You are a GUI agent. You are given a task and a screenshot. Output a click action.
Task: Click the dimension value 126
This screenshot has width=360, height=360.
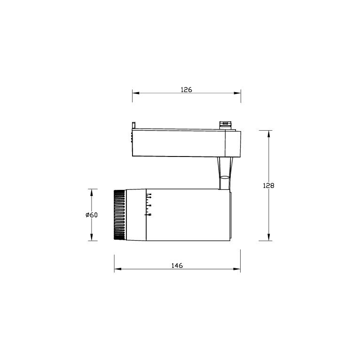point(187,89)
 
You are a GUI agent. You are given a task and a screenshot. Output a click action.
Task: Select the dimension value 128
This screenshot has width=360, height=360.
point(268,186)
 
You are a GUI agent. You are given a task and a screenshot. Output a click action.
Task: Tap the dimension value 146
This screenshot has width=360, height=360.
point(177,266)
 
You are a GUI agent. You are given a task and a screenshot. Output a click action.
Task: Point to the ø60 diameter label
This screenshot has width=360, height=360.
point(92,215)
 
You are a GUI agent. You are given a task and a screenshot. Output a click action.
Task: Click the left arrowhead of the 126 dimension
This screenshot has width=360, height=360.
point(135,93)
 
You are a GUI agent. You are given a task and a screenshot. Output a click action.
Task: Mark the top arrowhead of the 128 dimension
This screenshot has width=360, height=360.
point(268,133)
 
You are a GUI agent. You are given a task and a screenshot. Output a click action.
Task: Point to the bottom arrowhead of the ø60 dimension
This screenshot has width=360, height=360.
point(92,238)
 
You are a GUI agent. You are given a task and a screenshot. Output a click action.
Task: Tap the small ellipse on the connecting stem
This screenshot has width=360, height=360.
point(225,177)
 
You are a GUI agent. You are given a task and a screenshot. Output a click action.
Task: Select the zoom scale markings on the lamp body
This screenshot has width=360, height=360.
point(149,204)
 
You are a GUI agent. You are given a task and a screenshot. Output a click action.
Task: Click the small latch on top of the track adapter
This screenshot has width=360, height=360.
point(226,125)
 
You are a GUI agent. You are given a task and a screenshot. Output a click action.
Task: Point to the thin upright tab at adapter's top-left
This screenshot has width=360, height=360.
point(134,126)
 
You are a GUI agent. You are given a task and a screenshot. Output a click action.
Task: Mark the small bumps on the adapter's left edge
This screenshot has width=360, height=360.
point(131,138)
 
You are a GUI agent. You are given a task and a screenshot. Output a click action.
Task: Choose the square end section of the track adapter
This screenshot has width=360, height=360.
point(233,143)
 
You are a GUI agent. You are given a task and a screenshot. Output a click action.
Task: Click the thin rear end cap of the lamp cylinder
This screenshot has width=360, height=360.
point(229,215)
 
